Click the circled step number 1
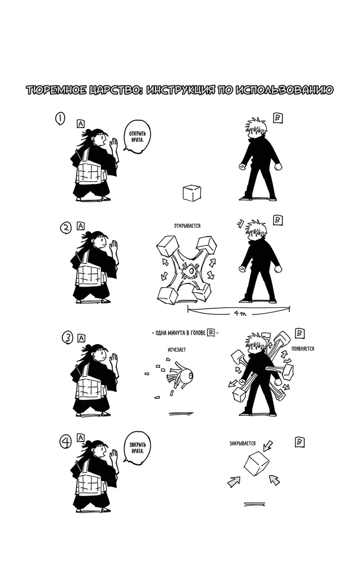point(60,118)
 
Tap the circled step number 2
point(66,228)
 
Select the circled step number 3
point(67,338)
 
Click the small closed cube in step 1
point(191,192)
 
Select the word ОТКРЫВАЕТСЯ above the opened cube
point(187,225)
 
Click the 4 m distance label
point(240,313)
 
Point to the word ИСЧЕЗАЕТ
point(177,350)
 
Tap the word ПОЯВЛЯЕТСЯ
point(302,349)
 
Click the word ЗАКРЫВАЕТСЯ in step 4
point(243,443)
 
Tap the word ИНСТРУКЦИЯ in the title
point(189,90)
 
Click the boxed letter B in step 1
point(278,118)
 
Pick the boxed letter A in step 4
point(80,438)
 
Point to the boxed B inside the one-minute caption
point(211,332)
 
